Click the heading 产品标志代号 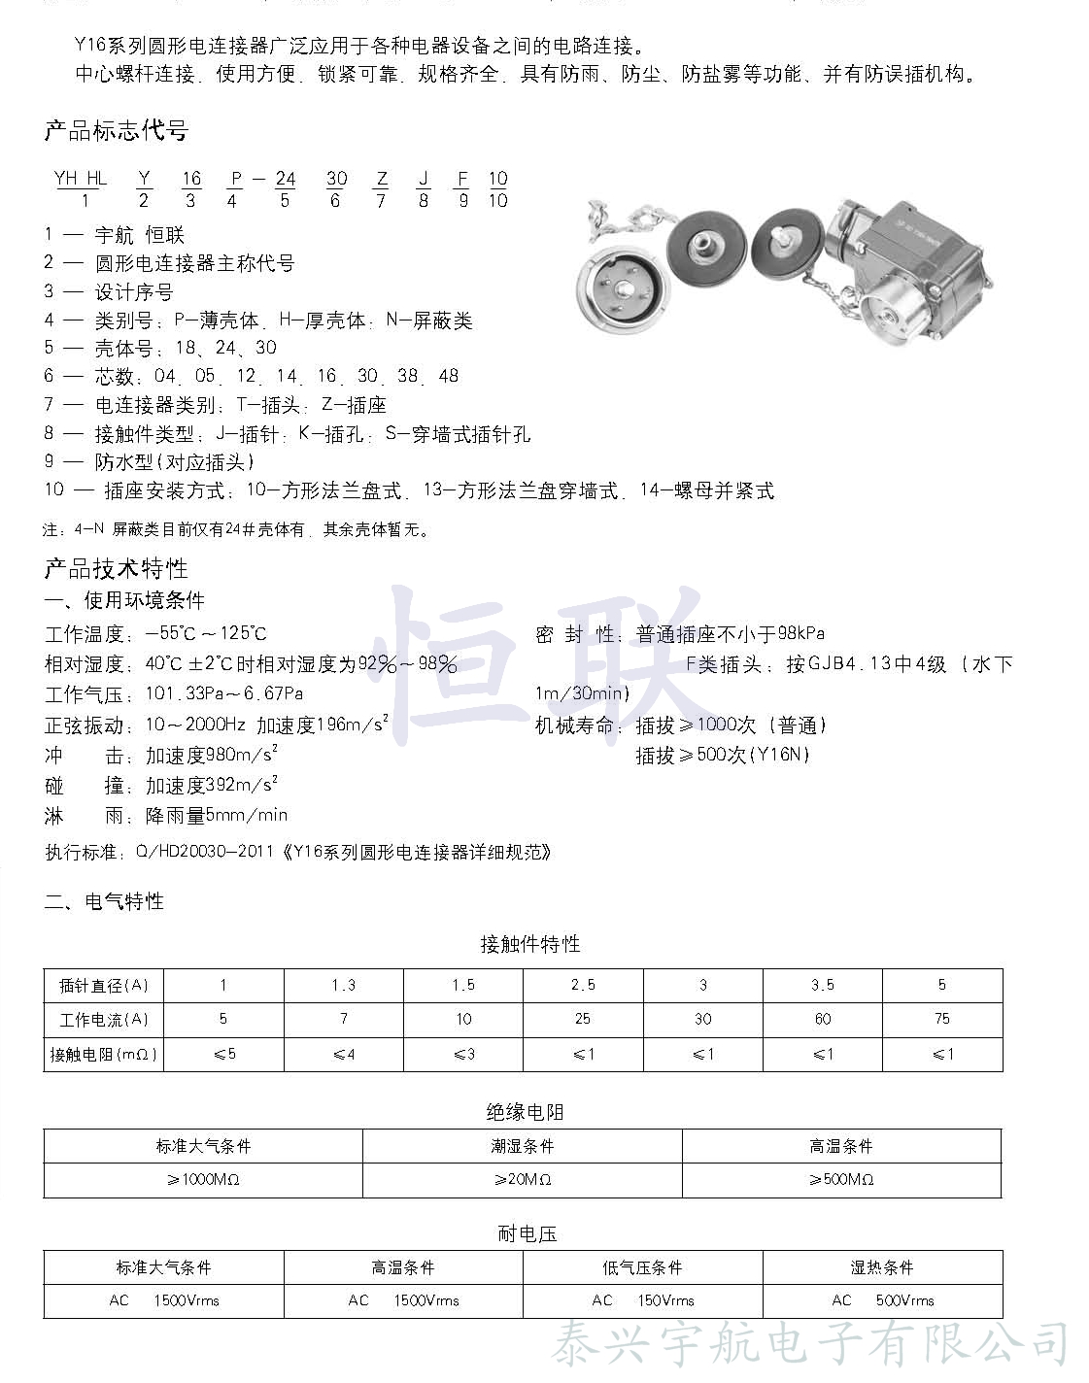pyautogui.click(x=116, y=130)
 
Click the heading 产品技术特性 pyautogui.click(x=116, y=568)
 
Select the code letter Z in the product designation pyautogui.click(x=382, y=179)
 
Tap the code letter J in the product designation pyautogui.click(x=424, y=179)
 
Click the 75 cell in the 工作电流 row pyautogui.click(x=942, y=1019)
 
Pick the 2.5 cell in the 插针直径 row pyautogui.click(x=583, y=985)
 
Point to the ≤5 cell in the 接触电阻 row pyautogui.click(x=224, y=1054)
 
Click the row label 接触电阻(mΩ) pyautogui.click(x=103, y=1054)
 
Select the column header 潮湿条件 pyautogui.click(x=523, y=1146)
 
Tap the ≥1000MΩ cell pyautogui.click(x=203, y=1179)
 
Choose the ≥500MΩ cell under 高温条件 pyautogui.click(x=841, y=1179)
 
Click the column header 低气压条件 pyautogui.click(x=642, y=1267)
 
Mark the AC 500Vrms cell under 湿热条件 pyautogui.click(x=882, y=1300)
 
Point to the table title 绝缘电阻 pyautogui.click(x=525, y=1112)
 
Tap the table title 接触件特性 pyautogui.click(x=529, y=944)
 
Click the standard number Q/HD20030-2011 pyautogui.click(x=205, y=852)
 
